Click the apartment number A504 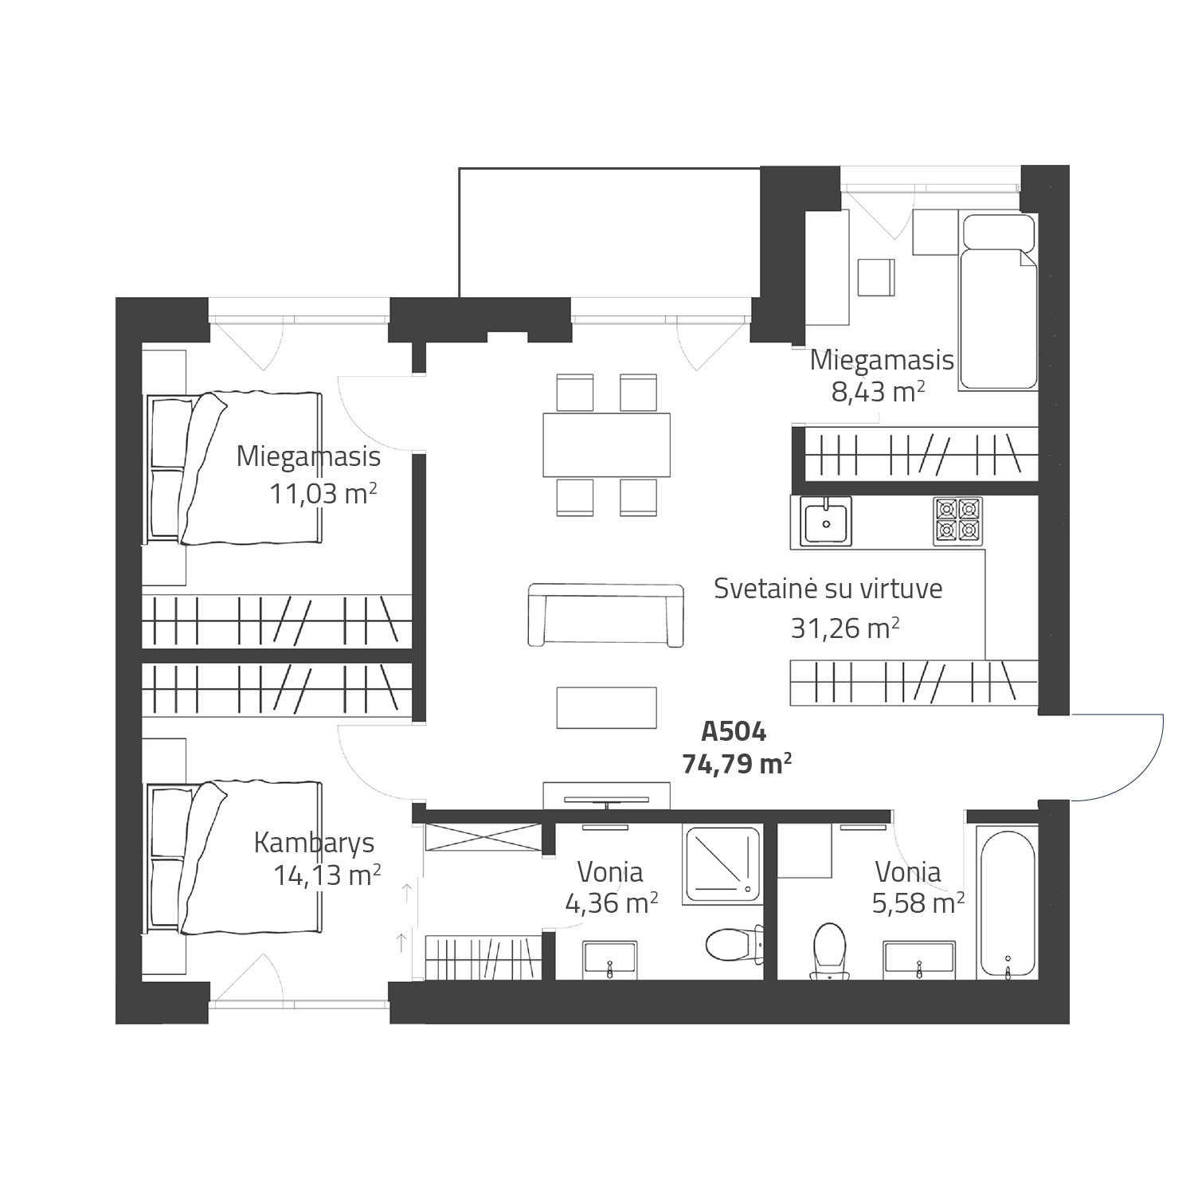(733, 730)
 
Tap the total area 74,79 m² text (737, 764)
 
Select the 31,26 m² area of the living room (845, 628)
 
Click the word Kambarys (314, 844)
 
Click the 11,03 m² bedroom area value (322, 494)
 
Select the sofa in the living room (606, 615)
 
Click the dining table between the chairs (606, 444)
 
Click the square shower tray (722, 864)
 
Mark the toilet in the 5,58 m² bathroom (828, 951)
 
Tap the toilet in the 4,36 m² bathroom (731, 944)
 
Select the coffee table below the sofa (607, 707)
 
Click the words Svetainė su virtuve (828, 589)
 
